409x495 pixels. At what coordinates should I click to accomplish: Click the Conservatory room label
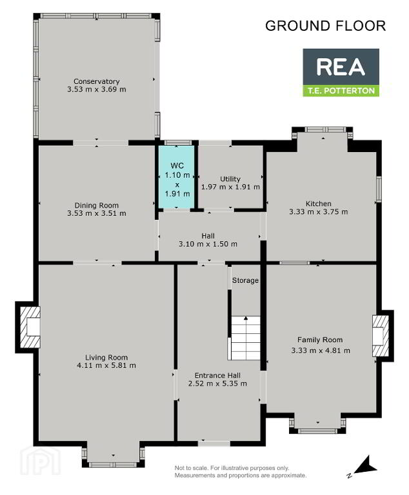pyautogui.click(x=96, y=81)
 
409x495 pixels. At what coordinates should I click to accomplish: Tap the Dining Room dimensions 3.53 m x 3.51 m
pyautogui.click(x=96, y=213)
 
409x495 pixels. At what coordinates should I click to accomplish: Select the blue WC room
pyautogui.click(x=177, y=177)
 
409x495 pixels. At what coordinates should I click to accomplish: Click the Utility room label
pyautogui.click(x=230, y=179)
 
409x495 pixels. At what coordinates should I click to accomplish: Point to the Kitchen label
pyautogui.click(x=318, y=204)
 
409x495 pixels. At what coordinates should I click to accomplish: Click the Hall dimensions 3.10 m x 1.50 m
pyautogui.click(x=208, y=244)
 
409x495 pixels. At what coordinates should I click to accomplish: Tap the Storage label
pyautogui.click(x=245, y=280)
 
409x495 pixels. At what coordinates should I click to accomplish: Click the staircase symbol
pyautogui.click(x=246, y=338)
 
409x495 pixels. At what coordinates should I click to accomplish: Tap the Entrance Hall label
pyautogui.click(x=217, y=375)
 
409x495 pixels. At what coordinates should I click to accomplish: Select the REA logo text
pyautogui.click(x=341, y=67)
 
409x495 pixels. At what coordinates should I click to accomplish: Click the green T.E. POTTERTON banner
pyautogui.click(x=341, y=91)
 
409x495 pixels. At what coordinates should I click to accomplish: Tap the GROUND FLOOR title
pyautogui.click(x=326, y=26)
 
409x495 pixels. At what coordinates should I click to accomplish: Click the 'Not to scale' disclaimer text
pyautogui.click(x=241, y=472)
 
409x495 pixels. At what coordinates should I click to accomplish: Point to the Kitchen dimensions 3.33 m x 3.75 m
pyautogui.click(x=319, y=212)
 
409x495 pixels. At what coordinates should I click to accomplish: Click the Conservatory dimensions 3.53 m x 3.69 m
pyautogui.click(x=96, y=90)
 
